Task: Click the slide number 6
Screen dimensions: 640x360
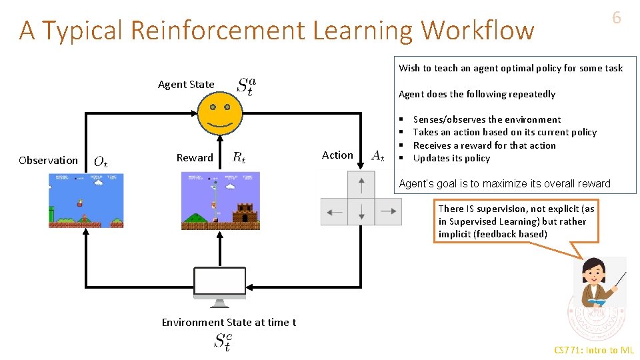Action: point(616,18)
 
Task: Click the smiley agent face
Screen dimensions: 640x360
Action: point(220,113)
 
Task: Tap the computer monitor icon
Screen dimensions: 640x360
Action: point(220,285)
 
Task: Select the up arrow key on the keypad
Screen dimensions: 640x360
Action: point(361,184)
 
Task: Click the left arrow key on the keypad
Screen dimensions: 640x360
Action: point(334,212)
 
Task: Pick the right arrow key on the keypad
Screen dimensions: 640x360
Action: point(388,212)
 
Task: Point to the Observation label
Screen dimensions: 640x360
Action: point(48,160)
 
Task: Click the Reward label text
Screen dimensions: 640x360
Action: point(195,158)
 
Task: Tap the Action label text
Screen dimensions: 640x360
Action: point(337,155)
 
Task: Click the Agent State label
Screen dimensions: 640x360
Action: point(186,85)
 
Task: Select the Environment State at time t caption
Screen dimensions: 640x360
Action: point(229,323)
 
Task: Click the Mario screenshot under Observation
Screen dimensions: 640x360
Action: point(86,200)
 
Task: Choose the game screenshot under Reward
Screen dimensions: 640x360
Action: point(221,200)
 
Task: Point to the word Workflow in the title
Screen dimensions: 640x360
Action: point(478,31)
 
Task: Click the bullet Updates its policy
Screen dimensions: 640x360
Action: point(451,158)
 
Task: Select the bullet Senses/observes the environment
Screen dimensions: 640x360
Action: point(487,119)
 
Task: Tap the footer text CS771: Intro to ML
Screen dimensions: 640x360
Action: point(594,350)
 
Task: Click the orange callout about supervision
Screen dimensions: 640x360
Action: point(516,221)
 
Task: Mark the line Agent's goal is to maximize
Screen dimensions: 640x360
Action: point(504,183)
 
